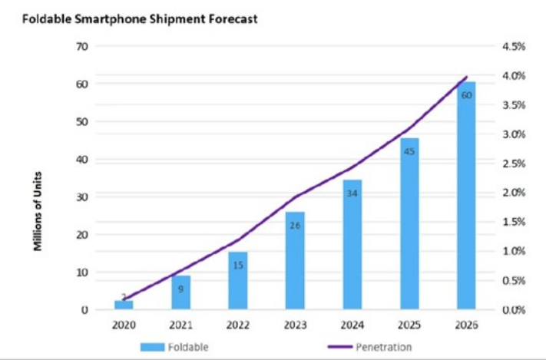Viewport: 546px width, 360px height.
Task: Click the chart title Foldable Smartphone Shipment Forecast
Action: coord(140,18)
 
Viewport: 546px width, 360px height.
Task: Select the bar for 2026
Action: coord(466,196)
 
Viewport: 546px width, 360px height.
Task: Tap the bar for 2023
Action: coord(295,261)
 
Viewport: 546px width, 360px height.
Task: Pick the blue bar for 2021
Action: coord(181,292)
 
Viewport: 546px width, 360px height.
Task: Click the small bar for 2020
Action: coord(124,305)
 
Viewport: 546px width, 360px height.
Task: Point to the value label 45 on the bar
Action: coord(409,151)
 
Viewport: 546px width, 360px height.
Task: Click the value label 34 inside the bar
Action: coord(352,193)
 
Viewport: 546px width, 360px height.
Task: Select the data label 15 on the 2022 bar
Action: coord(238,266)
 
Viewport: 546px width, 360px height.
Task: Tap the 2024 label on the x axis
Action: coord(352,325)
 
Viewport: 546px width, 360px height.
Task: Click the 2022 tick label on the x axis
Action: coord(238,325)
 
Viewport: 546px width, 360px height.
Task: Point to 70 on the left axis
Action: coord(82,46)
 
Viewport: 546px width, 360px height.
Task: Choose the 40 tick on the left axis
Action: coord(82,160)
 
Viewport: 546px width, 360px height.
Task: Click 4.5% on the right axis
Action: coord(514,46)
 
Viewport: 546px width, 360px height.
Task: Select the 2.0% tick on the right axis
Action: coord(514,193)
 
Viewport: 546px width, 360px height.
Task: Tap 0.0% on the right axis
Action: coord(514,310)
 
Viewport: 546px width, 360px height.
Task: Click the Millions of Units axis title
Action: coord(38,211)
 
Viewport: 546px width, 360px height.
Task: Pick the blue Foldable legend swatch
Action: coord(152,347)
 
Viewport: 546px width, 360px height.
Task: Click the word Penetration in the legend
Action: coord(384,347)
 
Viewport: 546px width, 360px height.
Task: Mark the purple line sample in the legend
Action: coord(340,347)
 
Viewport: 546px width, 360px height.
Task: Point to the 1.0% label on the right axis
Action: coord(514,251)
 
